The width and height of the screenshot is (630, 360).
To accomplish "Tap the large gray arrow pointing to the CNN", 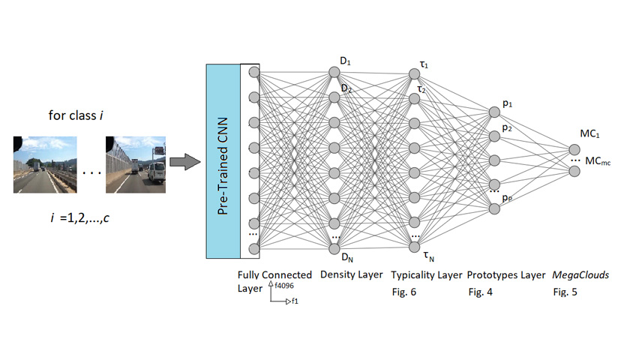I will (x=182, y=160).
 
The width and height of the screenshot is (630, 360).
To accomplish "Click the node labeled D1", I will (x=334, y=73).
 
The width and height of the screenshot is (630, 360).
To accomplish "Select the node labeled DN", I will (x=334, y=247).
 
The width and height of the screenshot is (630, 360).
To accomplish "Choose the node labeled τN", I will (x=414, y=247).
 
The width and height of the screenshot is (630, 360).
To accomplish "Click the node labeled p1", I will (x=494, y=112).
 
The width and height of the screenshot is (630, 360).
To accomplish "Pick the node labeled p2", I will (x=494, y=136).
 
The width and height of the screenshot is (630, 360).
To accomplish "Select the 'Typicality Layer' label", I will (x=427, y=275).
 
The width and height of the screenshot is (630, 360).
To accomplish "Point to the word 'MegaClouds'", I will (x=580, y=275).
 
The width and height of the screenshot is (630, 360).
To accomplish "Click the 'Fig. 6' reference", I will (x=403, y=291).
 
